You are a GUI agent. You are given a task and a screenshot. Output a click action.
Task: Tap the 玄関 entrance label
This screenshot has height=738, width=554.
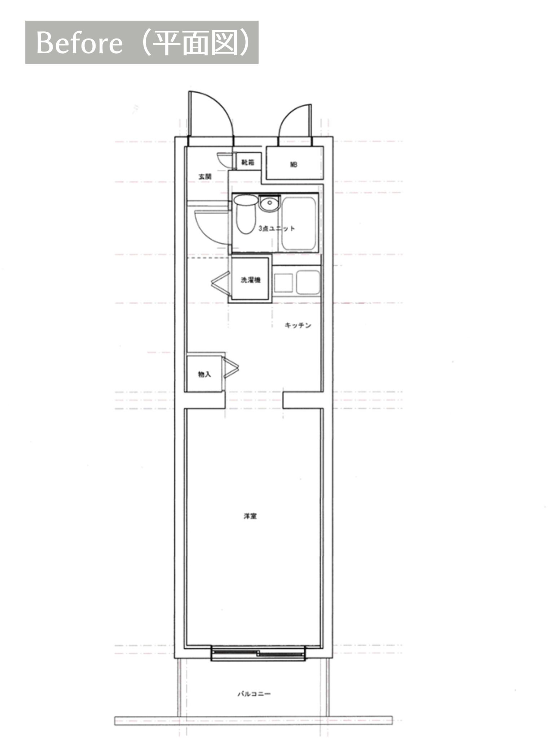click(x=205, y=177)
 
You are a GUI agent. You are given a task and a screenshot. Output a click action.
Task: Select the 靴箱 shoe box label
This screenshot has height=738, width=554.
click(x=247, y=163)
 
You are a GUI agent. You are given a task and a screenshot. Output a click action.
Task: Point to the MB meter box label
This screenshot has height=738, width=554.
click(x=294, y=165)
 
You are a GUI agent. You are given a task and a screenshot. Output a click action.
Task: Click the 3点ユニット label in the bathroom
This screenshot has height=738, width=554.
click(x=277, y=228)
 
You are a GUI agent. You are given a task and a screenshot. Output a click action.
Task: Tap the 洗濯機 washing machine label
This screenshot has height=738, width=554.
click(x=251, y=280)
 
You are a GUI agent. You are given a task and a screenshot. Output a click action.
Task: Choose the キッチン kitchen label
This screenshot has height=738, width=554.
click(x=298, y=325)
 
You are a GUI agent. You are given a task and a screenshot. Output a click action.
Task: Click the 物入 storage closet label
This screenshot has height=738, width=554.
click(x=205, y=374)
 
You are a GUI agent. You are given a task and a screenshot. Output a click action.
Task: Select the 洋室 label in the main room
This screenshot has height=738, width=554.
click(x=250, y=516)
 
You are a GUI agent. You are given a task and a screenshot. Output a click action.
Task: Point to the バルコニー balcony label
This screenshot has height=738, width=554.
click(x=254, y=694)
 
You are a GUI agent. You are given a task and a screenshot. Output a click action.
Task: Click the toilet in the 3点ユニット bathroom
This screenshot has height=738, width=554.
click(x=246, y=214)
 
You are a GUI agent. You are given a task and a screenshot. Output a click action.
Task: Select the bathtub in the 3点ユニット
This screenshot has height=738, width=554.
click(x=299, y=223)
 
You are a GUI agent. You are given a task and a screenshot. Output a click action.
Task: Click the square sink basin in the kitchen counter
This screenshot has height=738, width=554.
click(x=283, y=283)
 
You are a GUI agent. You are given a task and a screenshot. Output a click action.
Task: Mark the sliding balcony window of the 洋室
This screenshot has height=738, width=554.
click(x=258, y=653)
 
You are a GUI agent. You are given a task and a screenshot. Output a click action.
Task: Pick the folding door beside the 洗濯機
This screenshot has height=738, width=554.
click(x=220, y=280)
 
